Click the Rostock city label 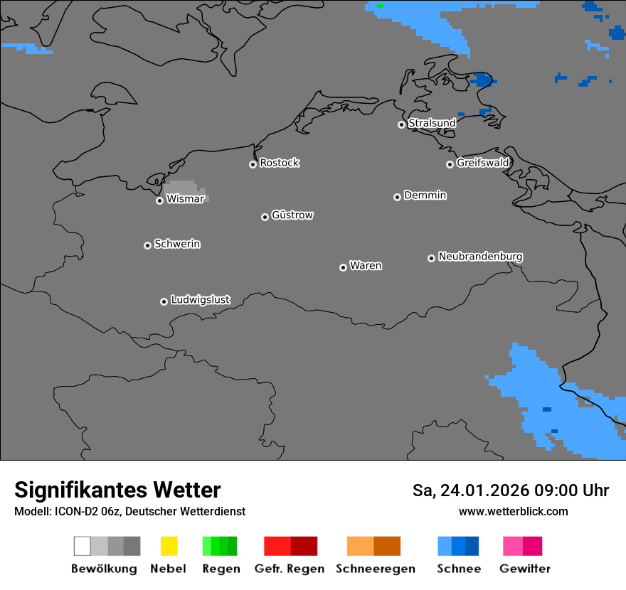pyautogui.click(x=279, y=163)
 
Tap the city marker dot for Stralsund pyautogui.click(x=401, y=124)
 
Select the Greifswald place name pyautogui.click(x=482, y=163)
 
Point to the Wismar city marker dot pyautogui.click(x=159, y=200)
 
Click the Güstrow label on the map pyautogui.click(x=292, y=215)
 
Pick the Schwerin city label pyautogui.click(x=177, y=244)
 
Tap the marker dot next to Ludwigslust pyautogui.click(x=164, y=301)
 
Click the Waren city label pyautogui.click(x=366, y=266)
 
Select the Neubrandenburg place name pyautogui.click(x=480, y=257)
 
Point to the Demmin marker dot pyautogui.click(x=397, y=197)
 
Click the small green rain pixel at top pyautogui.click(x=380, y=6)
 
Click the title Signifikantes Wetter pyautogui.click(x=117, y=490)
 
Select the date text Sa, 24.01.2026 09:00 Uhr pyautogui.click(x=510, y=490)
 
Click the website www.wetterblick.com pyautogui.click(x=513, y=511)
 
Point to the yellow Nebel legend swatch pyautogui.click(x=169, y=546)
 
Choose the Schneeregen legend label pyautogui.click(x=375, y=569)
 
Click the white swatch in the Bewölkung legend pyautogui.click(x=83, y=546)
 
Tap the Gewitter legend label pyautogui.click(x=524, y=569)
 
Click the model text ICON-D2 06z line pyautogui.click(x=129, y=511)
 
